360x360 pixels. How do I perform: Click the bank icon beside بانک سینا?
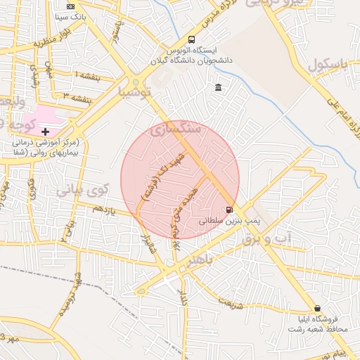coord(70,6)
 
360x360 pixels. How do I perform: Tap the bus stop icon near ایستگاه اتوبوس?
coord(192,40)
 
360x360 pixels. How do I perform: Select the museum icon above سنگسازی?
coord(219,87)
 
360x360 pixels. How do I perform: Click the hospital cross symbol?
coord(46,131)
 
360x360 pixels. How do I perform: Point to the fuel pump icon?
coord(229,210)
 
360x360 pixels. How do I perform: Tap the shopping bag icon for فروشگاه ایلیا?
coord(318,308)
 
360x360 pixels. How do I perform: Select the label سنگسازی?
coord(176,129)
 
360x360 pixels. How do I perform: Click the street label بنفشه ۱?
coord(85,75)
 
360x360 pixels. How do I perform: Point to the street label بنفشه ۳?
coord(75,95)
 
